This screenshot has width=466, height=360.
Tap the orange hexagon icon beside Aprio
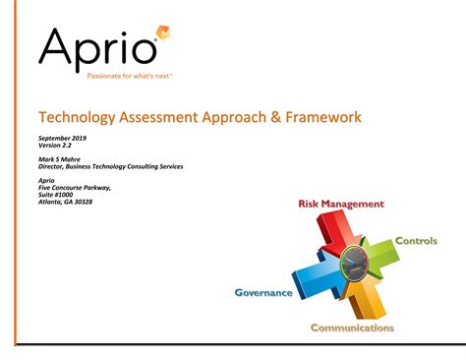[163, 33]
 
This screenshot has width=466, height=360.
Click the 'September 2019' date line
[62, 139]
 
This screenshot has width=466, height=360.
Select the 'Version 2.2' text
[55, 146]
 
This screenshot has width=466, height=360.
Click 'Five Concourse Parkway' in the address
[75, 187]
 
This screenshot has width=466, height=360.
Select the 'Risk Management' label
[340, 205]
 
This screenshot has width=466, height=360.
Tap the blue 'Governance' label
[263, 292]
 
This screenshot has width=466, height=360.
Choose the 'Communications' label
[352, 328]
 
